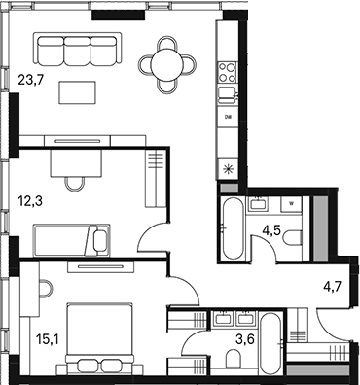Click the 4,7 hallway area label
point(335,286)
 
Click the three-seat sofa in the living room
point(76,48)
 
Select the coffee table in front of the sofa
point(78,92)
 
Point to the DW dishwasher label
point(228,117)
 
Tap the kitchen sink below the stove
point(228,93)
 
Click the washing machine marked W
point(292,205)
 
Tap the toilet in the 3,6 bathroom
point(234,359)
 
